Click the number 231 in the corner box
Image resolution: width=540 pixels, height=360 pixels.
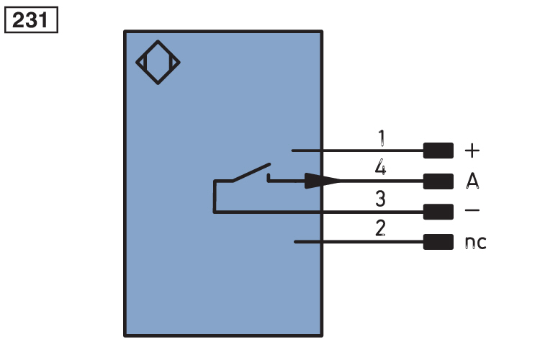click(x=30, y=20)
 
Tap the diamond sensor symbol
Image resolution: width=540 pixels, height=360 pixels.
click(x=158, y=63)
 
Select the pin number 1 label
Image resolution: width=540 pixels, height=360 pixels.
click(x=381, y=138)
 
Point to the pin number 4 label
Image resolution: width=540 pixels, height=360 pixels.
click(x=381, y=167)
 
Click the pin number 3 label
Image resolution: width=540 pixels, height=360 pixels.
click(x=381, y=199)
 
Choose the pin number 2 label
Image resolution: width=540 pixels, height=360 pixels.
click(x=381, y=228)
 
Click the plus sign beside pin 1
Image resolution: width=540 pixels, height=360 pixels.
click(x=472, y=151)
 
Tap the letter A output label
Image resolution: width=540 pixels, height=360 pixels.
click(x=472, y=181)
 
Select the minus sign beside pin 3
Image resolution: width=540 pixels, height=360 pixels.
click(x=472, y=210)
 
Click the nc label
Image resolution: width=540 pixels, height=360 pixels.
click(x=476, y=243)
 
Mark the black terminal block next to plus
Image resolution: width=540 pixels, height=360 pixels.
click(x=438, y=150)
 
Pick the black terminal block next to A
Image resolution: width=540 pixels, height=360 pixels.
click(x=438, y=181)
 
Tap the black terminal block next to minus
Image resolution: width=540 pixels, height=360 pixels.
click(x=438, y=212)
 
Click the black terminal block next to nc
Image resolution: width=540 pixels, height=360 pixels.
click(x=438, y=242)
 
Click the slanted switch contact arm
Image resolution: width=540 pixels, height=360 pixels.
click(x=251, y=172)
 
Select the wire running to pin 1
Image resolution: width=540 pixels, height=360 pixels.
click(x=357, y=150)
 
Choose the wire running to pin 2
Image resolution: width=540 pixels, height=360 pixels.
click(x=359, y=242)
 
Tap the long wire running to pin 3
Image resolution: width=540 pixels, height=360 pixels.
click(x=318, y=212)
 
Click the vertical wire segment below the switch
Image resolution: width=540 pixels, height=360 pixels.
click(x=215, y=196)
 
